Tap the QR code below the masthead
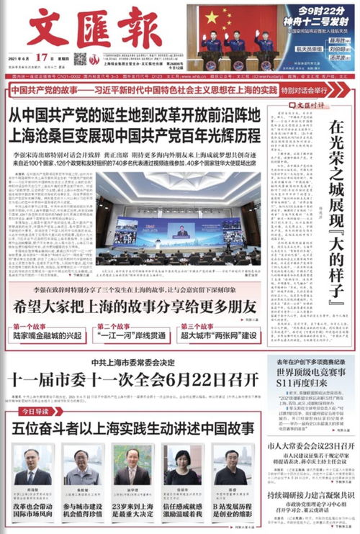(x=80, y=58)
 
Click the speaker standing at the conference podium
(x=183, y=231)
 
